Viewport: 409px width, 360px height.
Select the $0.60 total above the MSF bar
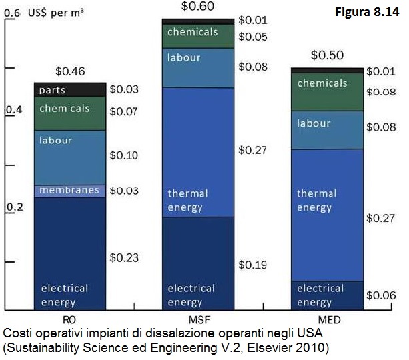click(x=197, y=7)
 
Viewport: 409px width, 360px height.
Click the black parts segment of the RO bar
click(x=70, y=89)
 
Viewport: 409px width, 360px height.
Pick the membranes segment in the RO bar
click(x=70, y=191)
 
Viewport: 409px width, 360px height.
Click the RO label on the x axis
click(x=69, y=319)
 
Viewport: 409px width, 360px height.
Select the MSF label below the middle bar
click(x=197, y=319)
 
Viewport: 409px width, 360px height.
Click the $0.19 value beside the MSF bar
click(x=252, y=265)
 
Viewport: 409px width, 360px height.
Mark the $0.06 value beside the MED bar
click(x=381, y=295)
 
